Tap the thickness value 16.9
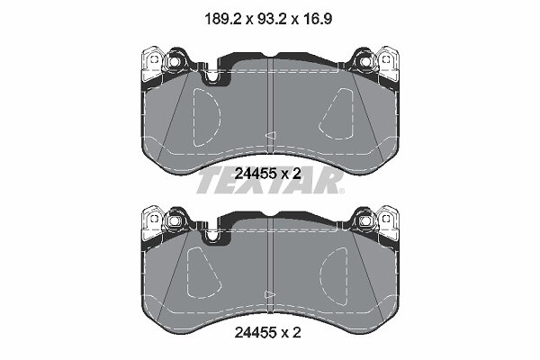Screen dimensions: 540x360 pyautogui.click(x=317, y=19)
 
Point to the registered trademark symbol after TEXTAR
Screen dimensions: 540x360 pyautogui.click(x=341, y=191)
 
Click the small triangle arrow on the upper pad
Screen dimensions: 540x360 pyautogui.click(x=270, y=135)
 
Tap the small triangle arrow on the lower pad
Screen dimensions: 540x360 pyautogui.click(x=269, y=294)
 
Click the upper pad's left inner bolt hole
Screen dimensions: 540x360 pyautogui.click(x=174, y=62)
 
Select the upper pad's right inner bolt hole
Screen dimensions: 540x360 pyautogui.click(x=364, y=62)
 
